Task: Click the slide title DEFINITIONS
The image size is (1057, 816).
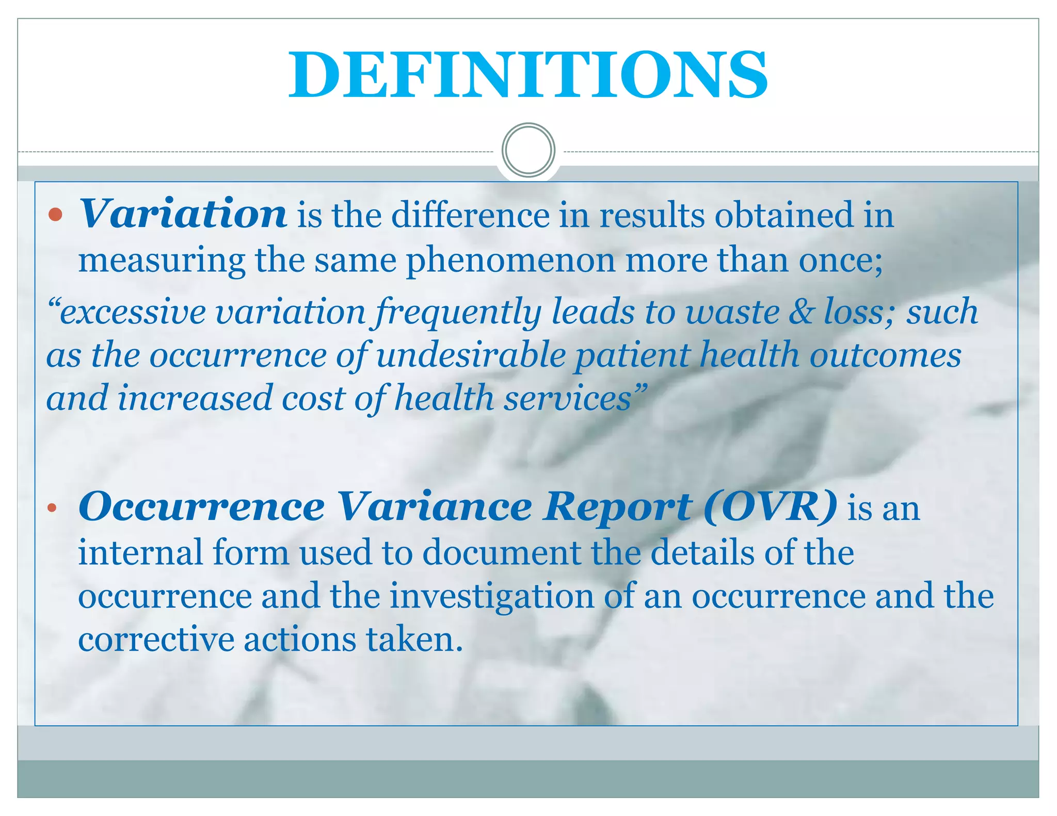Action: click(x=528, y=75)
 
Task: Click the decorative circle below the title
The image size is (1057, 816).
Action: click(x=528, y=150)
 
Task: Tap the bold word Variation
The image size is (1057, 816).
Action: click(x=183, y=214)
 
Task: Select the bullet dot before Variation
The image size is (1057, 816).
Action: click(x=55, y=215)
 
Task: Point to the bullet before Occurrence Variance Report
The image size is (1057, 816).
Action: click(x=51, y=508)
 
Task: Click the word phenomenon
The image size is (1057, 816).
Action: click(x=510, y=260)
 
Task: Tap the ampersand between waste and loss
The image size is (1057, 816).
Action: click(x=801, y=312)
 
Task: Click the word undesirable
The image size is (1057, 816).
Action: click(x=471, y=355)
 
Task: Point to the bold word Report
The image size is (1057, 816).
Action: click(x=617, y=507)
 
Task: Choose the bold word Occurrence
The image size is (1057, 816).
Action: click(x=201, y=507)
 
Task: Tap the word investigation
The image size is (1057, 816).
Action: click(x=491, y=596)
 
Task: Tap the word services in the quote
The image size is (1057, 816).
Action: click(x=574, y=399)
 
